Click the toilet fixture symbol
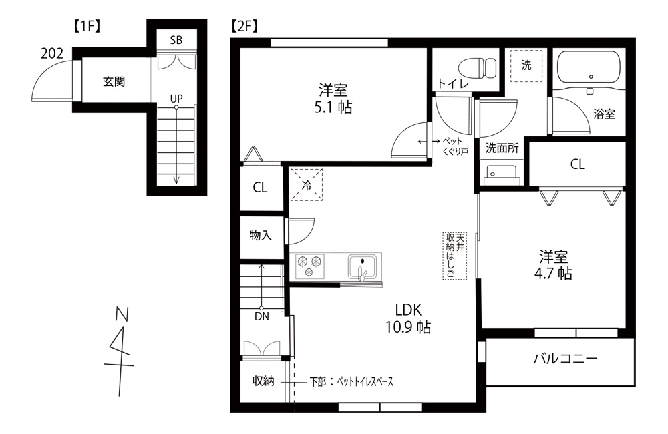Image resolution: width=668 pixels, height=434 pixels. (x=478, y=67)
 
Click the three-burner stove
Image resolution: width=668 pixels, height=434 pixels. (x=309, y=266)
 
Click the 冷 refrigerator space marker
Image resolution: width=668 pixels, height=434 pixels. (x=307, y=185)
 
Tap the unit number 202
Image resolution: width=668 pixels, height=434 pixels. (x=51, y=54)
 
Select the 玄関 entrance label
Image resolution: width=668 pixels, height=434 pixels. (x=114, y=82)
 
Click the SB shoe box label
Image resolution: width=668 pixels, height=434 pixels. (x=176, y=40)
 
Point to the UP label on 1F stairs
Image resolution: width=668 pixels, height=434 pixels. (x=176, y=99)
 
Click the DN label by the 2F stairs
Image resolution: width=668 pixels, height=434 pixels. (x=261, y=317)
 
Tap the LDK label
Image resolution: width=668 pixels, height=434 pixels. (x=407, y=310)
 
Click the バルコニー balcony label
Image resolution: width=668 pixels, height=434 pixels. (x=564, y=359)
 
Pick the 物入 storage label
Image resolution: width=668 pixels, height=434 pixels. (x=261, y=235)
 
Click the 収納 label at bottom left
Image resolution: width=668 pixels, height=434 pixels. (x=263, y=381)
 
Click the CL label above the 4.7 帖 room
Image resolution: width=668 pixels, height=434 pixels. (x=577, y=164)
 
